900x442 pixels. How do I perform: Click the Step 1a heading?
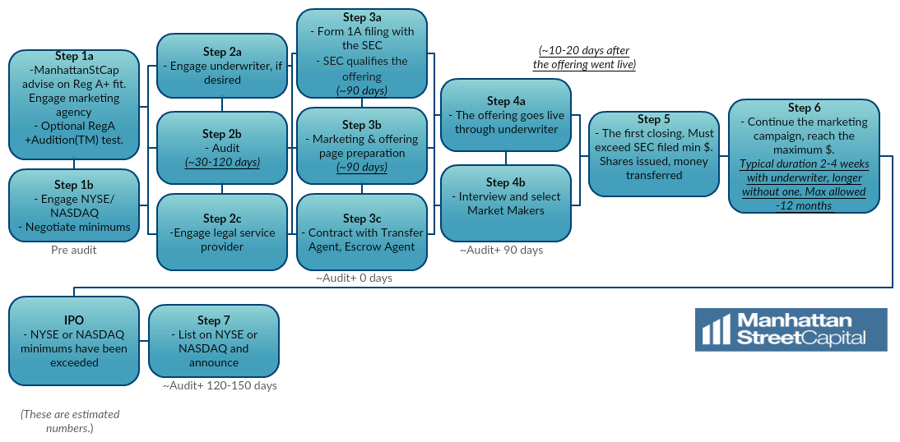(x=74, y=56)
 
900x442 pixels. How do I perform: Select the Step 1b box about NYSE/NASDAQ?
(x=74, y=205)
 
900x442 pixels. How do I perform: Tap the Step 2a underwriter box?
(x=222, y=65)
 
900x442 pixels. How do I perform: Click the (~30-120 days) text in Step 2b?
(x=222, y=163)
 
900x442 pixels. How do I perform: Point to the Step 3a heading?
(x=362, y=17)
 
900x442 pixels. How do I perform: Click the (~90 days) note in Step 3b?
(x=362, y=167)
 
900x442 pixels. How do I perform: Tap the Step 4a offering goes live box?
(x=506, y=115)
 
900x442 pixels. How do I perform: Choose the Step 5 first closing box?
(x=654, y=154)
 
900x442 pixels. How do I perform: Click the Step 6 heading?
(x=804, y=108)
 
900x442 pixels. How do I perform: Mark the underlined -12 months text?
(x=804, y=205)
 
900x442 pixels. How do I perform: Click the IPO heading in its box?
(x=74, y=320)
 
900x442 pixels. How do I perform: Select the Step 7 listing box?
(x=213, y=341)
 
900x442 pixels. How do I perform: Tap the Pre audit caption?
(x=74, y=249)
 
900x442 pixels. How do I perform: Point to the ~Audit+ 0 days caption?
(x=355, y=278)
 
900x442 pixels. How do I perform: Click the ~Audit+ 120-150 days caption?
(x=220, y=385)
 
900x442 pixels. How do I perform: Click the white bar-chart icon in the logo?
(x=716, y=329)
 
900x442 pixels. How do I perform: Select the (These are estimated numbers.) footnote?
(x=69, y=421)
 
